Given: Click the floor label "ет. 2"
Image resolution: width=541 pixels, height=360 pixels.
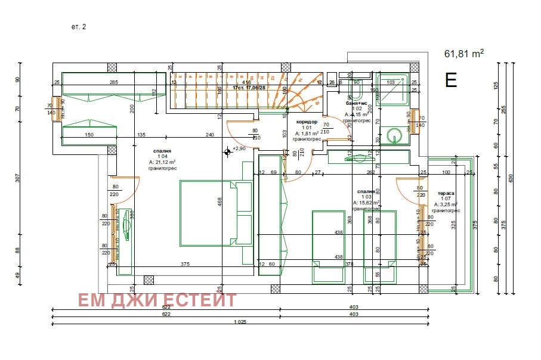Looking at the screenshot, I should click(x=79, y=27).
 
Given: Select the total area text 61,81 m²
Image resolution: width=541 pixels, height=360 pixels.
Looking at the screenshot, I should click(x=463, y=54).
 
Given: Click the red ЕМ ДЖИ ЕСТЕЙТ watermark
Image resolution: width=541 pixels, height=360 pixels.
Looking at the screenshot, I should click(x=157, y=300).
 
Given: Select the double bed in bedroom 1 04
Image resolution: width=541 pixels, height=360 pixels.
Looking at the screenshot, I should click(x=208, y=213).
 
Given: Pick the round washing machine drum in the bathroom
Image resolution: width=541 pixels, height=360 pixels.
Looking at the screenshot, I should click(x=393, y=136).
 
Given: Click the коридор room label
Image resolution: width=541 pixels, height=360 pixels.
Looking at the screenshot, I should click(x=307, y=122).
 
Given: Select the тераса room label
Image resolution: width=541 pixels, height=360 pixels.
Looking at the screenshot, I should click(x=446, y=193).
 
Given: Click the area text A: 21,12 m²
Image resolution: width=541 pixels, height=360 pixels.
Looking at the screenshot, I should click(x=161, y=162).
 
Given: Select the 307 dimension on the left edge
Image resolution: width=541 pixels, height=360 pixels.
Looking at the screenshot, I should click(x=18, y=177).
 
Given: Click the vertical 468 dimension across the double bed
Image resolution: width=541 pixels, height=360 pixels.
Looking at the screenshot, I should click(x=220, y=203).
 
